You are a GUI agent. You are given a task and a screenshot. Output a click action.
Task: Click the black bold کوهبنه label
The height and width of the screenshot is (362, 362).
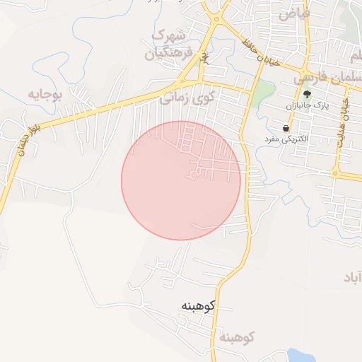197,306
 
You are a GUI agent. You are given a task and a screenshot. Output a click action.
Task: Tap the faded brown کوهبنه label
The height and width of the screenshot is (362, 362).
236,337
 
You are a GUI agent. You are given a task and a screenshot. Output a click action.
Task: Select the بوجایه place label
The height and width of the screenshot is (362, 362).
46,93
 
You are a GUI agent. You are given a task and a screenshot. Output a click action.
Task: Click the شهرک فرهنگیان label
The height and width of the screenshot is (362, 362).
168,44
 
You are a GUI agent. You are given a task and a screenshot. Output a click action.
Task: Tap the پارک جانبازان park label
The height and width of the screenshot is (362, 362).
308,106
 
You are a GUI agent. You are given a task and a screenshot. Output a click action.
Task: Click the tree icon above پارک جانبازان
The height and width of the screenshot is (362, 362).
307,94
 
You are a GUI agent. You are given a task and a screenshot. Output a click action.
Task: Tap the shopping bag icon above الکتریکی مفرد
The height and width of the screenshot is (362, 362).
286,128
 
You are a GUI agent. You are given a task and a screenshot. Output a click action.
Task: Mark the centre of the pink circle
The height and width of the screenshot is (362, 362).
181,180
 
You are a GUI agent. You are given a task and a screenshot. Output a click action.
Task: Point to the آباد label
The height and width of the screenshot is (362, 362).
351,276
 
